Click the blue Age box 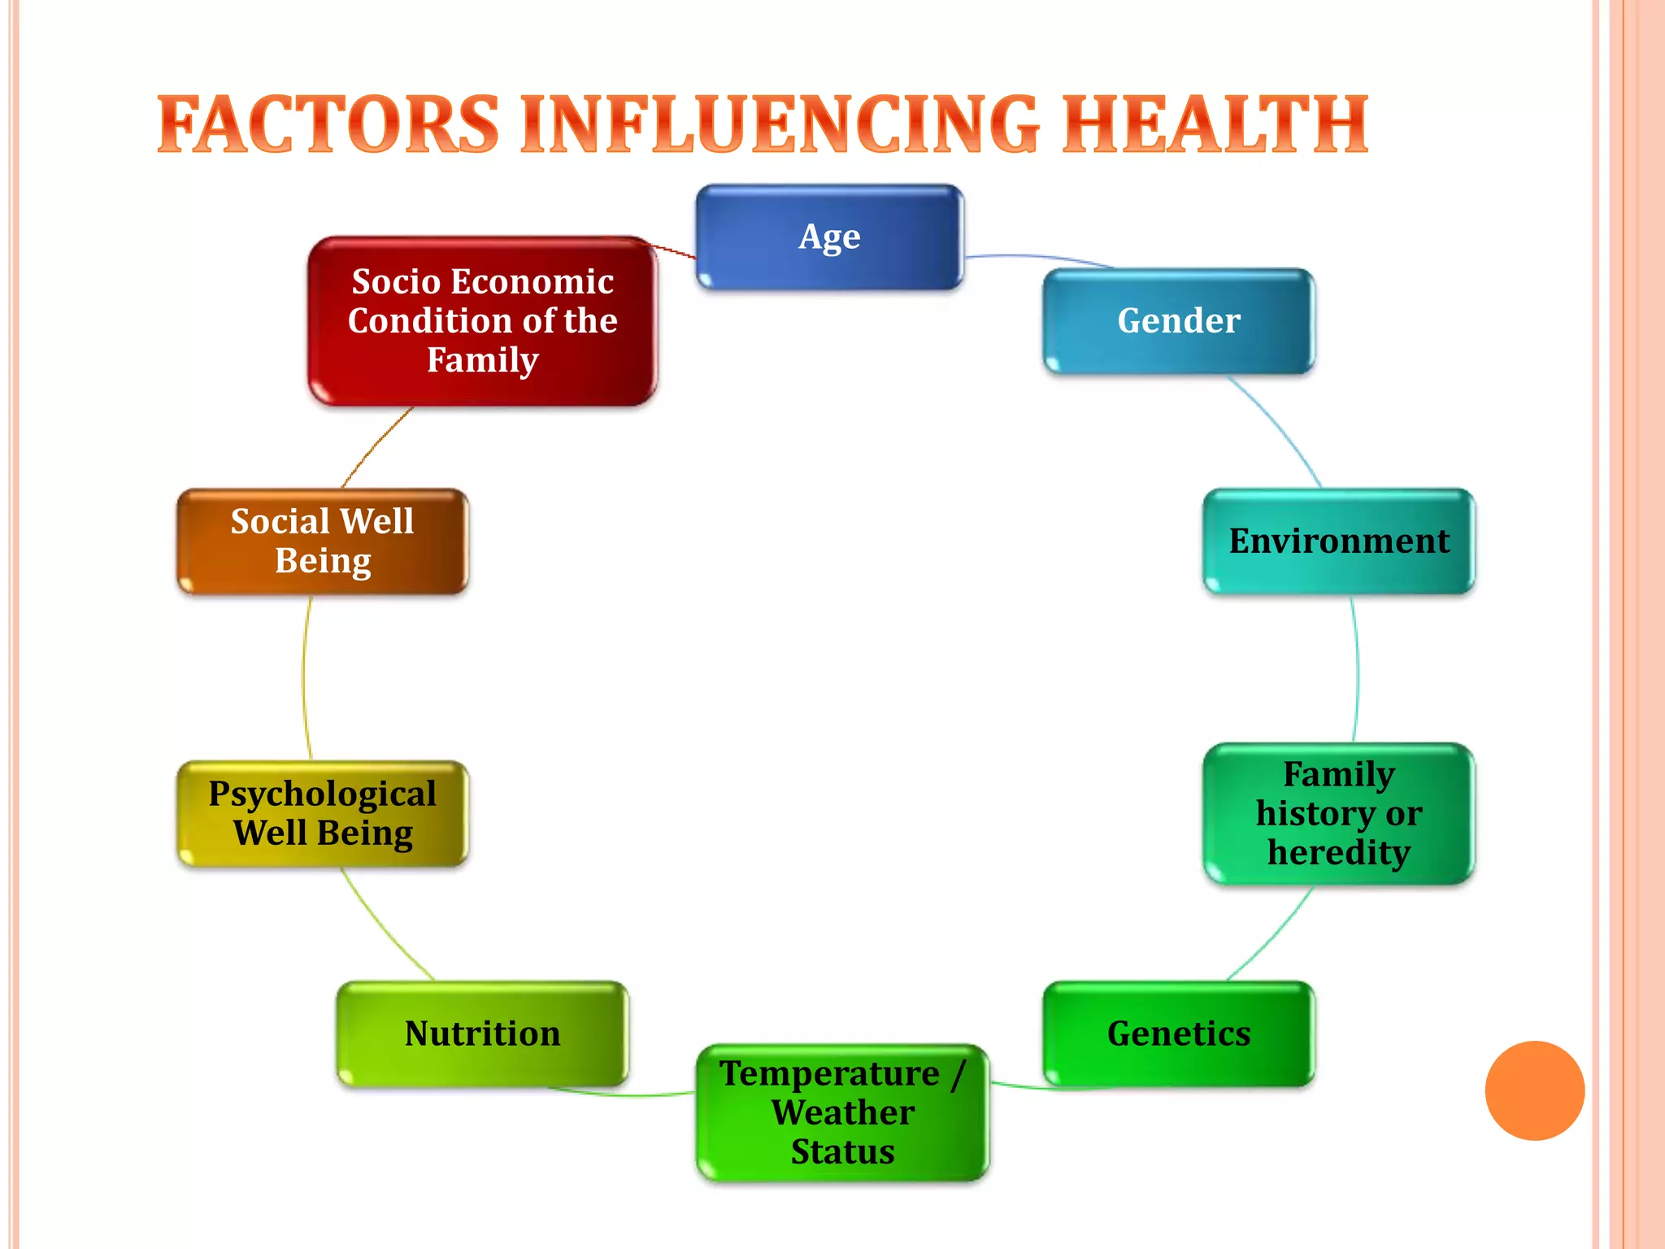[829, 237]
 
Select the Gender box [1179, 321]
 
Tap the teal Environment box [1338, 542]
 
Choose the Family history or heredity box [1338, 813]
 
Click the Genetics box [1179, 1034]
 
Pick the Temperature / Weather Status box [842, 1112]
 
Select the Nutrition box [482, 1034]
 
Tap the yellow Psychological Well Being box [323, 813]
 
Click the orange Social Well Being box [323, 542]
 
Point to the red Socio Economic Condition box [482, 321]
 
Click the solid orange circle [1534, 1090]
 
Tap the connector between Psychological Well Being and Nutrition [382, 927]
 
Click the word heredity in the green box [1338, 852]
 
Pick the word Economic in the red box [533, 282]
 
